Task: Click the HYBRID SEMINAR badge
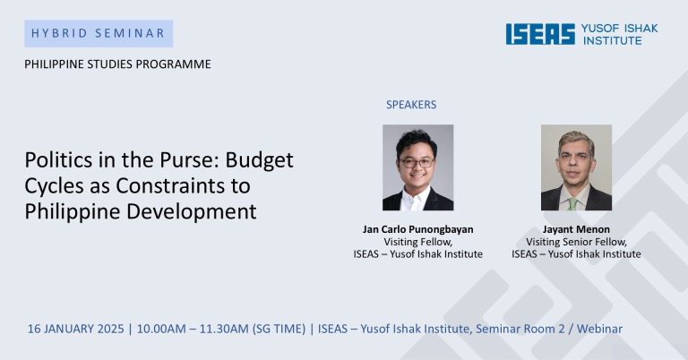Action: point(99,33)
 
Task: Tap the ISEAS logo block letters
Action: point(540,34)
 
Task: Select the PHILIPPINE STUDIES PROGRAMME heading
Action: point(117,64)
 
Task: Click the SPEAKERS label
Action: point(411,105)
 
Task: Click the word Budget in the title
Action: point(259,161)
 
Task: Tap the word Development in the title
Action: point(192,212)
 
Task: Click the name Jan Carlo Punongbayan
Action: point(418,229)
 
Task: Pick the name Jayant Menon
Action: point(576,229)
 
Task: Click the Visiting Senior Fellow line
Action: point(576,242)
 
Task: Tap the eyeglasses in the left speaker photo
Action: point(417,163)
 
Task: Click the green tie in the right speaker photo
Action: point(572,203)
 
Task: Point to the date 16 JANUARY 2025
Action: point(76,329)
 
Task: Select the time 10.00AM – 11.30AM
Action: point(193,329)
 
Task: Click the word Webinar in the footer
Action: point(599,329)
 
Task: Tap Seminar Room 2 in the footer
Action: point(520,329)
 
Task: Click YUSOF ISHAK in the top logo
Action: point(620,29)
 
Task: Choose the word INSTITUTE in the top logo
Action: point(612,40)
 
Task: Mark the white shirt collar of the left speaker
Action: point(415,201)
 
